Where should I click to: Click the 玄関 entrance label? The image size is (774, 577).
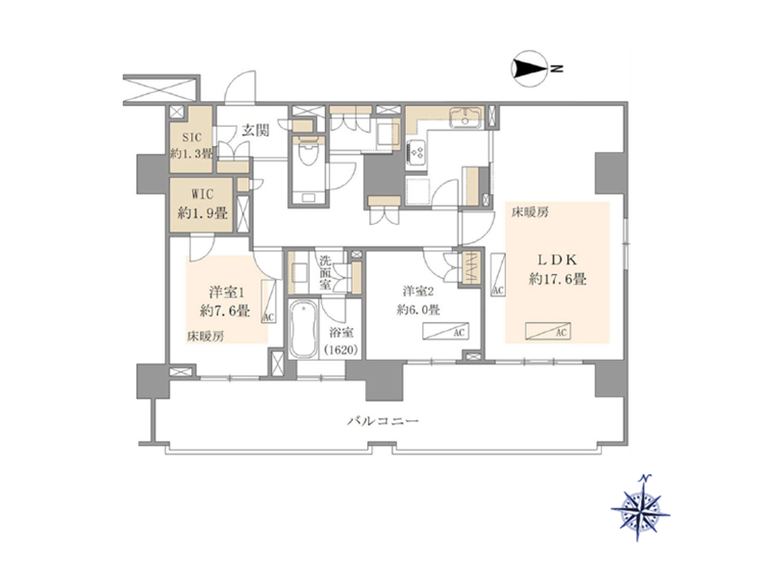pos(256,131)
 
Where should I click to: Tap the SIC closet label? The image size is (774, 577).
pos(191,138)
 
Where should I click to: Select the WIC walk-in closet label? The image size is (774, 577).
pos(202,194)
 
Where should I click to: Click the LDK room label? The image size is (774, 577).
pos(558,260)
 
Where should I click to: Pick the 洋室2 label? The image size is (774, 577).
pos(417,291)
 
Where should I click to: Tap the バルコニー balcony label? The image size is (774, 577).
pos(384,421)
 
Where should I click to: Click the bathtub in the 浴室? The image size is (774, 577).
pos(304,329)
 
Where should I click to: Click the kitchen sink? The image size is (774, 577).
pos(465,118)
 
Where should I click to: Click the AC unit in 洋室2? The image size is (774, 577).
pos(445,332)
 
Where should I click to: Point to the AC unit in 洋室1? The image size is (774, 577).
pos(268,301)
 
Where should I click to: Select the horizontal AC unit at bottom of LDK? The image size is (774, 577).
pos(548,331)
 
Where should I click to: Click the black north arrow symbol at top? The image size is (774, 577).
pos(530,68)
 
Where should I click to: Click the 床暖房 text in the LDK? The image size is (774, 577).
pos(530,213)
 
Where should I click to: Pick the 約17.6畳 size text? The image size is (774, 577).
pos(558,280)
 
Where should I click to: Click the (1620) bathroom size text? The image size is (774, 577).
pos(341,350)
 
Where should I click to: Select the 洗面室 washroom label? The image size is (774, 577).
pos(325,272)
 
